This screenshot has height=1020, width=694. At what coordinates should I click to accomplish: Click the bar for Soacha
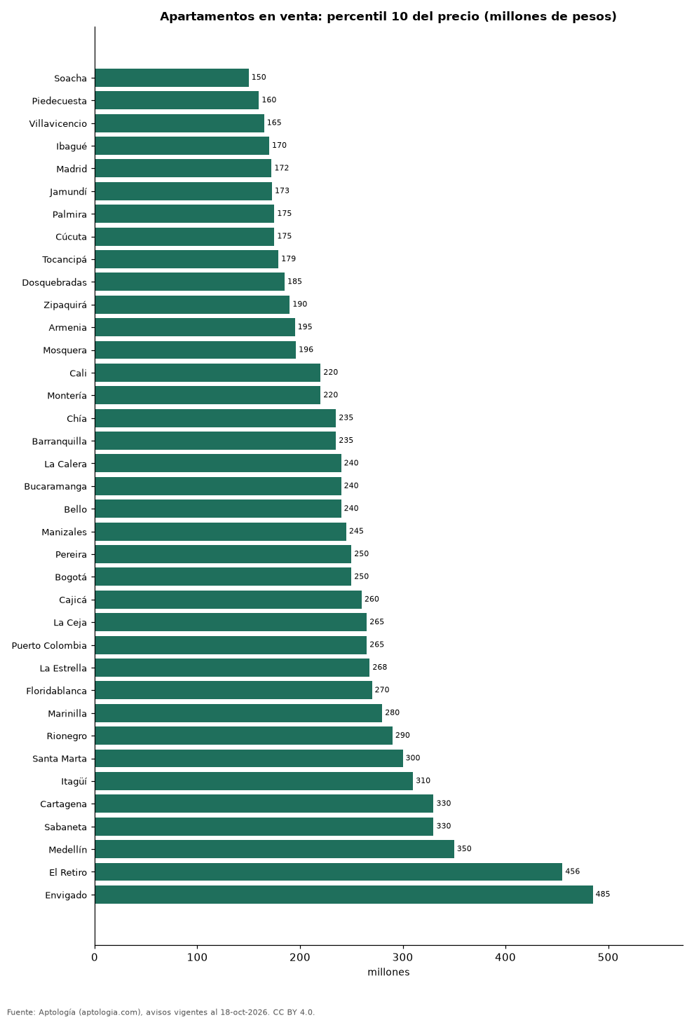coord(172,78)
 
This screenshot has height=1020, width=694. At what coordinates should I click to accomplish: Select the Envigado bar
coord(344,895)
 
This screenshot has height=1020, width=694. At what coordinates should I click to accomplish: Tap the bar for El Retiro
coord(329,872)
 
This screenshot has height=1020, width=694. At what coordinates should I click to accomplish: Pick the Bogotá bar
coord(224,577)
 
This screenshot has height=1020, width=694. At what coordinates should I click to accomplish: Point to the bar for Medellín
coord(275,849)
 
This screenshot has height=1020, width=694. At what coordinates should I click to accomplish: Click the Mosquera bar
coord(196,350)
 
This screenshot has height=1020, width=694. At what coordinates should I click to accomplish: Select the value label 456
coord(572,871)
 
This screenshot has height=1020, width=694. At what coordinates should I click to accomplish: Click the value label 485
coord(603,894)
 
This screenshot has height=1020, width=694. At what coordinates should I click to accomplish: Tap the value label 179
coord(288,259)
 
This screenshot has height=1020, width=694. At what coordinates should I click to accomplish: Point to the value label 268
coord(379,667)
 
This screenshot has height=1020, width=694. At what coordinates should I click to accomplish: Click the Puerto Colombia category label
coord(49,646)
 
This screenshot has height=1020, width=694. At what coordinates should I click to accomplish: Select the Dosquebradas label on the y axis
coord(54,283)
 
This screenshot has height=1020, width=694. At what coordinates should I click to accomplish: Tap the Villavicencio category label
coord(58,124)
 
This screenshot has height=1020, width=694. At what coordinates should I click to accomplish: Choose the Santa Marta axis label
coord(60,759)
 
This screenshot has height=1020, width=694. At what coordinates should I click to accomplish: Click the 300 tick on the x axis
coord(403,957)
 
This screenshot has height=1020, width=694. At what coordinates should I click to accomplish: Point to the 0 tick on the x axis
coord(95,957)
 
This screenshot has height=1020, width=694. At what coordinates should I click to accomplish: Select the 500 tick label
coord(608,957)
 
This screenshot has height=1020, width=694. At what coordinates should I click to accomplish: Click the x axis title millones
coord(388,972)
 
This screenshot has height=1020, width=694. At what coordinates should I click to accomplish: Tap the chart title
coord(388,16)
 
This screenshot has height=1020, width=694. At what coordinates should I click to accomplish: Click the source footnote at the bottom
coord(161,1012)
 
